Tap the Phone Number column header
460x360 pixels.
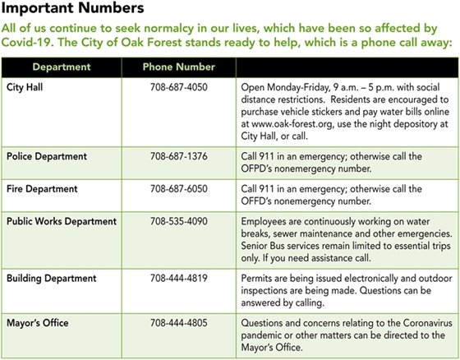click(x=178, y=66)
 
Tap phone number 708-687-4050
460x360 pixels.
click(x=178, y=85)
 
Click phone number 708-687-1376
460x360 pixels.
click(x=178, y=155)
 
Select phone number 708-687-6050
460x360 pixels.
click(x=178, y=188)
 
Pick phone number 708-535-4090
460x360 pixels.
click(x=178, y=222)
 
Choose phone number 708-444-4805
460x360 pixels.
click(x=178, y=312)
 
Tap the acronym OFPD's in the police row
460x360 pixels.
click(x=261, y=168)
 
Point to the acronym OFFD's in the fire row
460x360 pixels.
click(x=261, y=201)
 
